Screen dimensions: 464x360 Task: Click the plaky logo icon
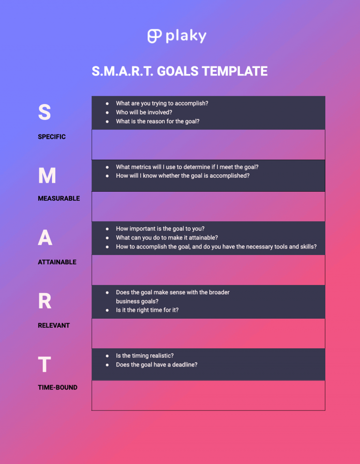coord(155,36)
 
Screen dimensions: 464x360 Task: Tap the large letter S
coord(45,112)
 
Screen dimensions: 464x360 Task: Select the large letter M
coord(47,176)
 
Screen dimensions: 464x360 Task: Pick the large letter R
coord(45,301)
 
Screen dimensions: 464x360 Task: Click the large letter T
coord(44,365)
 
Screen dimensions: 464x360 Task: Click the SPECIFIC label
coord(52,137)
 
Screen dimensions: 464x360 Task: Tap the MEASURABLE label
coord(59,198)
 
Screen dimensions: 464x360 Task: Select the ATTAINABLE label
coord(57,262)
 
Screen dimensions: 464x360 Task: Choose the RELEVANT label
coord(53,325)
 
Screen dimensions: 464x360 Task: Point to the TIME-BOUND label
coord(58,388)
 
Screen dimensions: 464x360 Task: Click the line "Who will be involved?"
coord(144,112)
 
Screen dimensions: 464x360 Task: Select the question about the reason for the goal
coord(157,121)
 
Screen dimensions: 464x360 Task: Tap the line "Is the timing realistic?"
coord(145,356)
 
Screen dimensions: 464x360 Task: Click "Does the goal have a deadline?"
coord(157,365)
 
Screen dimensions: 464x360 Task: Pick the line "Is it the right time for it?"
coord(147,310)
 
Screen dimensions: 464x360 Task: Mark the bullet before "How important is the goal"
coord(107,229)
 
